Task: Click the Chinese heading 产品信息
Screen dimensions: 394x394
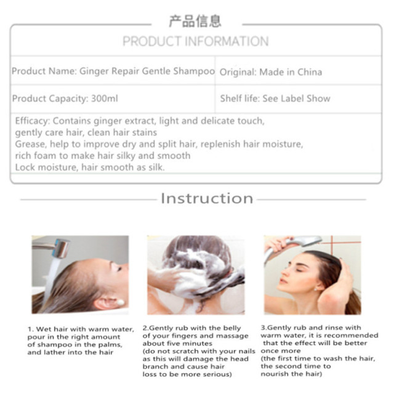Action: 195,22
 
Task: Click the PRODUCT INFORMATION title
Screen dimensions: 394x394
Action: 195,42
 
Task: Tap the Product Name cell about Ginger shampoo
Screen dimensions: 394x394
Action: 113,71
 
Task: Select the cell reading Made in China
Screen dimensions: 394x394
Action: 271,72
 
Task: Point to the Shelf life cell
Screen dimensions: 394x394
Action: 275,98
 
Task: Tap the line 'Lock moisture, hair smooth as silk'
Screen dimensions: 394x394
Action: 90,167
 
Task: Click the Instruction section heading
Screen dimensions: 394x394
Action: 207,198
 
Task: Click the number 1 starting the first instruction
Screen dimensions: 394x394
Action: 30,329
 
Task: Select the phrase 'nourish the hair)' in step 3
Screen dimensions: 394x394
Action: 292,373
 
